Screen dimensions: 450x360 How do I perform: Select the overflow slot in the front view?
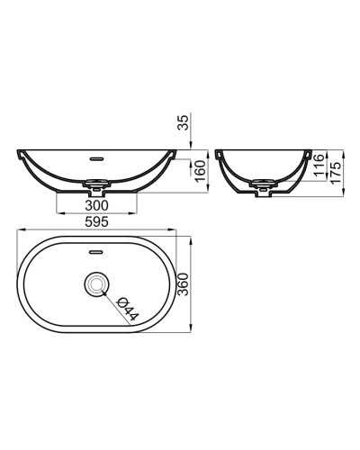coord(96,154)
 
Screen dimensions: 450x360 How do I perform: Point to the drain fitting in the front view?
coord(96,188)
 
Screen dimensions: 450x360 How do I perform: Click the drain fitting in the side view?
coord(265,187)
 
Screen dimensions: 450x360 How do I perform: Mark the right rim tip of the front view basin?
coord(175,151)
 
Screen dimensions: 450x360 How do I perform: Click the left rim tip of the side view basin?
coord(220,151)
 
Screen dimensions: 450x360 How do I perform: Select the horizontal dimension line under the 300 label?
coord(96,213)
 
